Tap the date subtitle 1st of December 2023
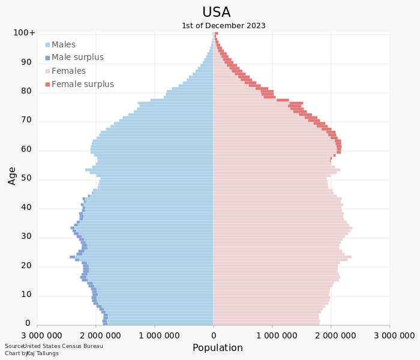(x=223, y=26)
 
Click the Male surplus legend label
(x=77, y=58)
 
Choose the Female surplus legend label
(x=82, y=84)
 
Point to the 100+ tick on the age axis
(x=25, y=32)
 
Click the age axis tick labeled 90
(x=26, y=62)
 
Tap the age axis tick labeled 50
(x=26, y=178)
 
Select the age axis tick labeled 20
(x=26, y=265)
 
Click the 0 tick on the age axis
(x=28, y=323)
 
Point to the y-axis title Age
(x=12, y=175)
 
